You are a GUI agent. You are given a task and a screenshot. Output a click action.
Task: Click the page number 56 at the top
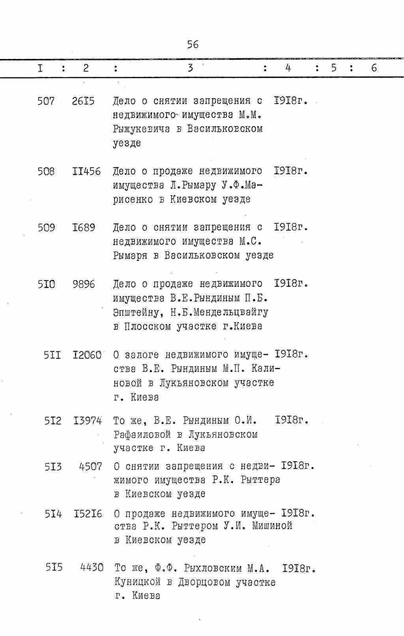click(193, 45)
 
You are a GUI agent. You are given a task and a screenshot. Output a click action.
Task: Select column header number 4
click(288, 68)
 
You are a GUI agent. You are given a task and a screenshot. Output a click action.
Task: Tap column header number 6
click(374, 68)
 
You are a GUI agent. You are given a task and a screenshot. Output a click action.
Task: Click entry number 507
click(46, 101)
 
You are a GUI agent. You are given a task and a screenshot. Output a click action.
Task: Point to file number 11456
click(87, 172)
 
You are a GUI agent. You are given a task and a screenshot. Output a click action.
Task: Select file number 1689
click(84, 228)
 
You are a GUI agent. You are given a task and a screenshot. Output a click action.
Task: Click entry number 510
click(46, 284)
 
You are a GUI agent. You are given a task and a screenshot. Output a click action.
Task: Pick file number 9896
click(84, 284)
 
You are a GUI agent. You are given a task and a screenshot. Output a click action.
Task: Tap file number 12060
click(87, 355)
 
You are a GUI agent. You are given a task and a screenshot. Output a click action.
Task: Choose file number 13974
click(88, 421)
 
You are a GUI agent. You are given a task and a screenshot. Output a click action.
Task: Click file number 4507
click(90, 467)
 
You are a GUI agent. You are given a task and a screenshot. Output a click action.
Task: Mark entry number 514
click(53, 514)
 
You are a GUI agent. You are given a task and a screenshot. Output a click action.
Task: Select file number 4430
click(92, 568)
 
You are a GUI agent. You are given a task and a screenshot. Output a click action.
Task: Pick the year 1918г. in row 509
click(291, 228)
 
